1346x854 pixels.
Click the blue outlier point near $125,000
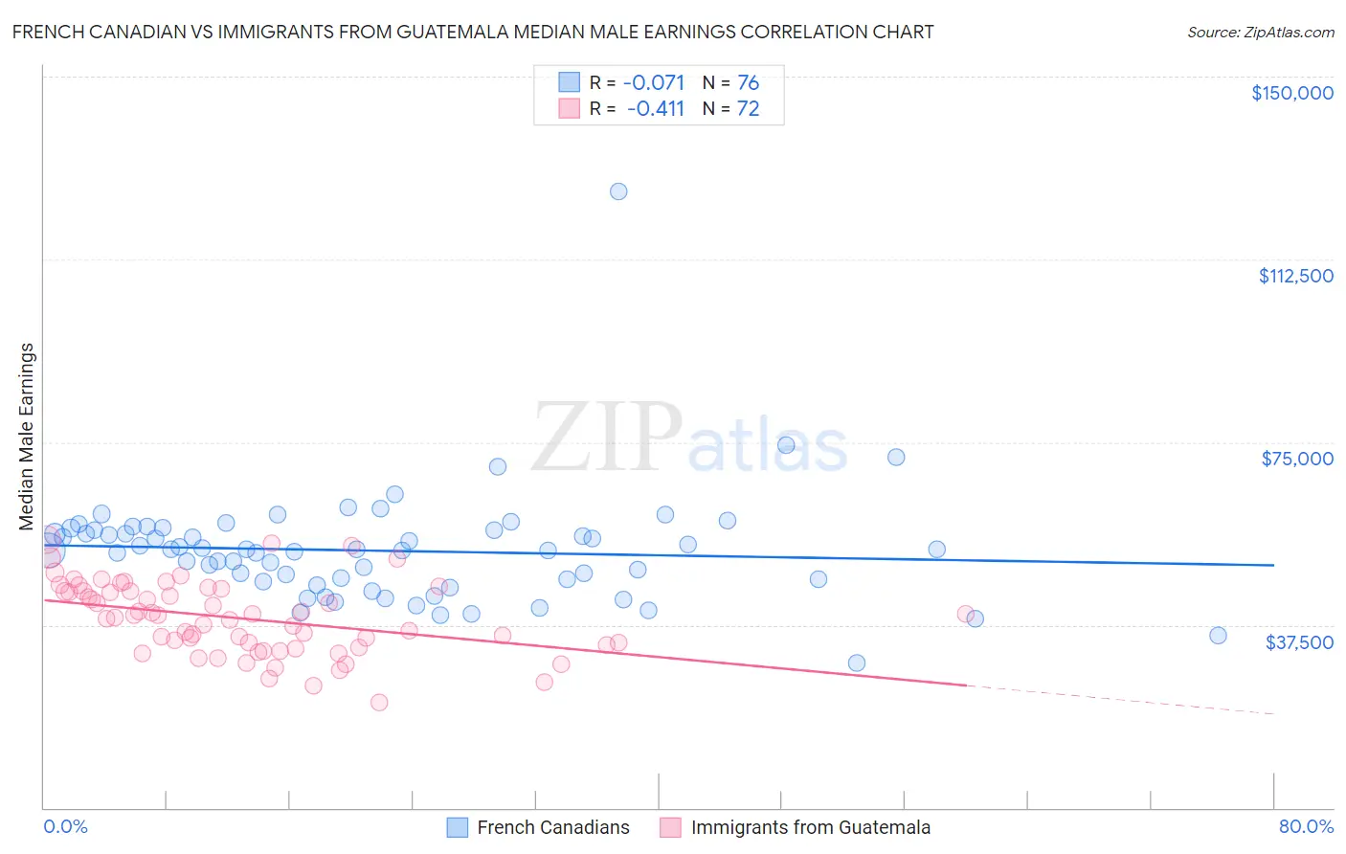(x=618, y=191)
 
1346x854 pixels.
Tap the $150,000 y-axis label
(x=1291, y=93)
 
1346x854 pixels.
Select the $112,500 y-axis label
(x=1295, y=276)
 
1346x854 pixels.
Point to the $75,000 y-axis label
(x=1296, y=459)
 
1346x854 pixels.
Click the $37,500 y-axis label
(x=1298, y=642)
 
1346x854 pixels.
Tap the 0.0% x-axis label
(x=65, y=826)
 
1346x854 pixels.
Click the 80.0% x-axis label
(x=1306, y=826)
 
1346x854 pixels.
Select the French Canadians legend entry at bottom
(x=552, y=827)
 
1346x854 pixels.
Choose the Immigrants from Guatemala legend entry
(x=810, y=827)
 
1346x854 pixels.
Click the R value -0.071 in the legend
(x=654, y=83)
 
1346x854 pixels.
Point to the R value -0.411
(x=656, y=109)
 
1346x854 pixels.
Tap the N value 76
(x=748, y=83)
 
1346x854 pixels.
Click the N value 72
(x=748, y=109)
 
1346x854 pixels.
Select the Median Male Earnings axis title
(x=27, y=437)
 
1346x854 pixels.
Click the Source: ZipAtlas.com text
(x=1260, y=33)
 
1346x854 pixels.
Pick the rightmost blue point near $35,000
(x=1218, y=636)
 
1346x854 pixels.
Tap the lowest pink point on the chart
(x=379, y=702)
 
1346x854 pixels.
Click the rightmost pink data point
(x=965, y=614)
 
